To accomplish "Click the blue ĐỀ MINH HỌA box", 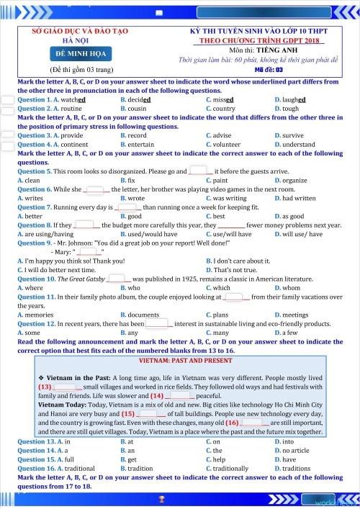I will pyautogui.click(x=81, y=55).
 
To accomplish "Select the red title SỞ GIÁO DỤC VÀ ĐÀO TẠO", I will pyautogui.click(x=80, y=32).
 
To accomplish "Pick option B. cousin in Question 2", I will pyautogui.click(x=135, y=109).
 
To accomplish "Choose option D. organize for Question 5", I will pyautogui.click(x=291, y=180).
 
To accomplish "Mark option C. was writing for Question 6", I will pyautogui.click(x=226, y=198).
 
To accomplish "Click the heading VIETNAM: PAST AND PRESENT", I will pyautogui.click(x=180, y=359).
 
